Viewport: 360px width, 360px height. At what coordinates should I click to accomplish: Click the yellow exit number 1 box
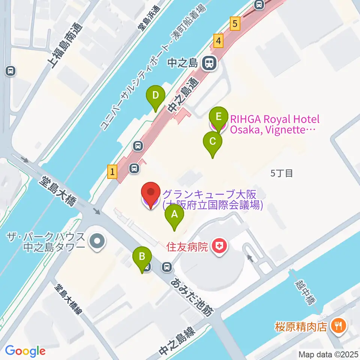112,172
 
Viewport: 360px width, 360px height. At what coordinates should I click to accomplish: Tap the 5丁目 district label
281,173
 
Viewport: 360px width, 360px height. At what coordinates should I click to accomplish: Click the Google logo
25,351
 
